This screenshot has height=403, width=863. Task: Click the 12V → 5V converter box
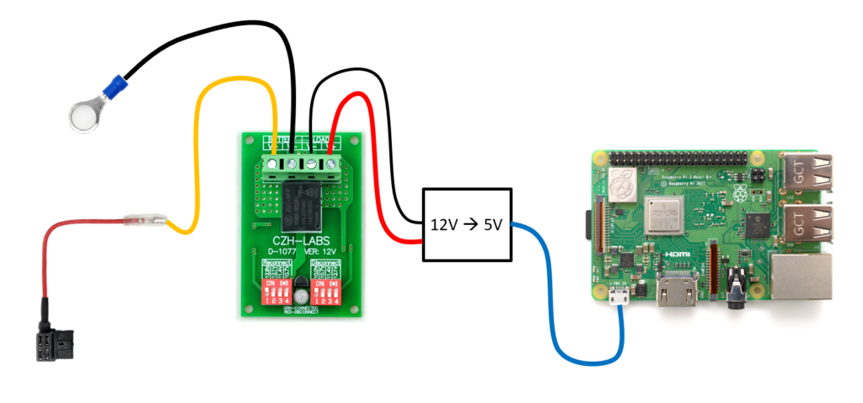467,225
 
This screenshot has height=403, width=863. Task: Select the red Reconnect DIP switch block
279,293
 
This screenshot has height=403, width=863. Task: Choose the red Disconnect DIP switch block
327,293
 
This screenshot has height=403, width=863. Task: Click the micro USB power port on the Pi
620,296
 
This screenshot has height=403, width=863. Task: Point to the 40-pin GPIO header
678,159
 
